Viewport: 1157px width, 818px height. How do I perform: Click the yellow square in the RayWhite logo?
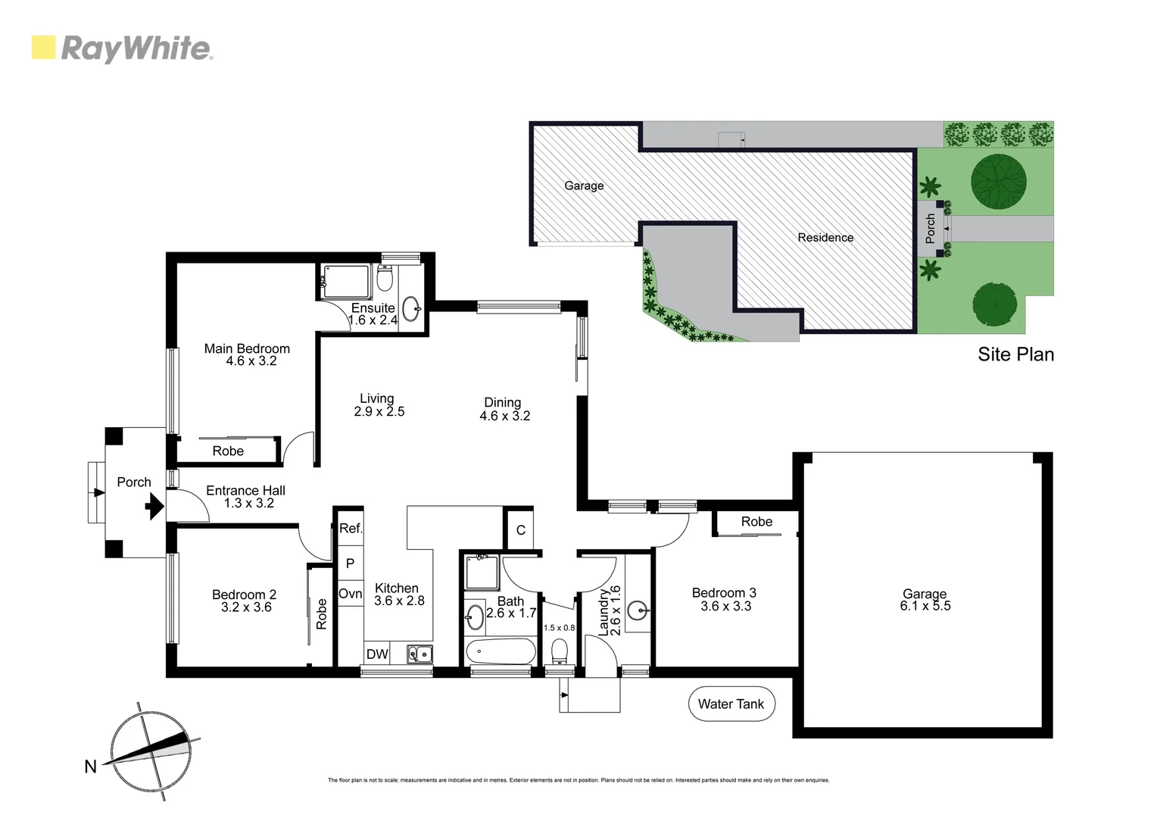pyautogui.click(x=43, y=48)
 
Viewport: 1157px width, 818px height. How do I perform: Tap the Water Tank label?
pyautogui.click(x=731, y=704)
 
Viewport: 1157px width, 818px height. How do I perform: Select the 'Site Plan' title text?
pyautogui.click(x=1015, y=354)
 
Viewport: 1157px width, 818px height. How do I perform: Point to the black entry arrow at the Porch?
pyautogui.click(x=154, y=505)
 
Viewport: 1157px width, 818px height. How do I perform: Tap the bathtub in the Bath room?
pyautogui.click(x=501, y=651)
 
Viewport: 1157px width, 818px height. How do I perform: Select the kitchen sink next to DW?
pyautogui.click(x=419, y=654)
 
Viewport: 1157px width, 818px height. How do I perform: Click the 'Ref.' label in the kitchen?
pyautogui.click(x=351, y=529)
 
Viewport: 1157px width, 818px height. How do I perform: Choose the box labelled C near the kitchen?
pyautogui.click(x=520, y=530)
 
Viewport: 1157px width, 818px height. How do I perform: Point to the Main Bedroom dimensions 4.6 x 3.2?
pyautogui.click(x=251, y=361)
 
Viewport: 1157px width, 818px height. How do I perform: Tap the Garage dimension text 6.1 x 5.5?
pyautogui.click(x=925, y=606)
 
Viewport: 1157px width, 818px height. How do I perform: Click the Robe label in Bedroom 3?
pyautogui.click(x=756, y=521)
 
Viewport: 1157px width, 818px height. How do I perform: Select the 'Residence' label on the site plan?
pyautogui.click(x=825, y=237)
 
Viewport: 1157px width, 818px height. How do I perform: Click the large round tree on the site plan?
pyautogui.click(x=998, y=182)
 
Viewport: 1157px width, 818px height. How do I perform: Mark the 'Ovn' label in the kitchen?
pyautogui.click(x=350, y=594)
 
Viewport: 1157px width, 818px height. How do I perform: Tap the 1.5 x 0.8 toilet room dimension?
pyautogui.click(x=559, y=628)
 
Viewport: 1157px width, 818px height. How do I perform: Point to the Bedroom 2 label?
pyautogui.click(x=244, y=595)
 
